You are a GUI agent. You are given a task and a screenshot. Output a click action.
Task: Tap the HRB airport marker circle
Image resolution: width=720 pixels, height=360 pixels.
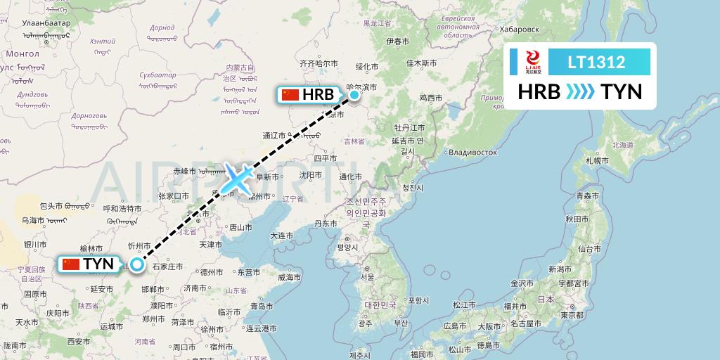click(354, 94)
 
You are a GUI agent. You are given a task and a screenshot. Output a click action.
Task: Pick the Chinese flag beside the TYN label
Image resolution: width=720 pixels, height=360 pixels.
click(70, 264)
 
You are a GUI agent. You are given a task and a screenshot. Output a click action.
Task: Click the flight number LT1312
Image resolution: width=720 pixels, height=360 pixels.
click(596, 63)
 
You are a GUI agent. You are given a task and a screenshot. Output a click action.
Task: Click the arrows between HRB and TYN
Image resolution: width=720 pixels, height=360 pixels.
click(580, 92)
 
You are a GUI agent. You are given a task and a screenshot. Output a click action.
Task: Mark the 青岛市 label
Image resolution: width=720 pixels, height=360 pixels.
click(262, 306)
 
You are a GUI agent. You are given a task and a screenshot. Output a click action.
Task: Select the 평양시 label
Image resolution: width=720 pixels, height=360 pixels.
click(347, 247)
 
